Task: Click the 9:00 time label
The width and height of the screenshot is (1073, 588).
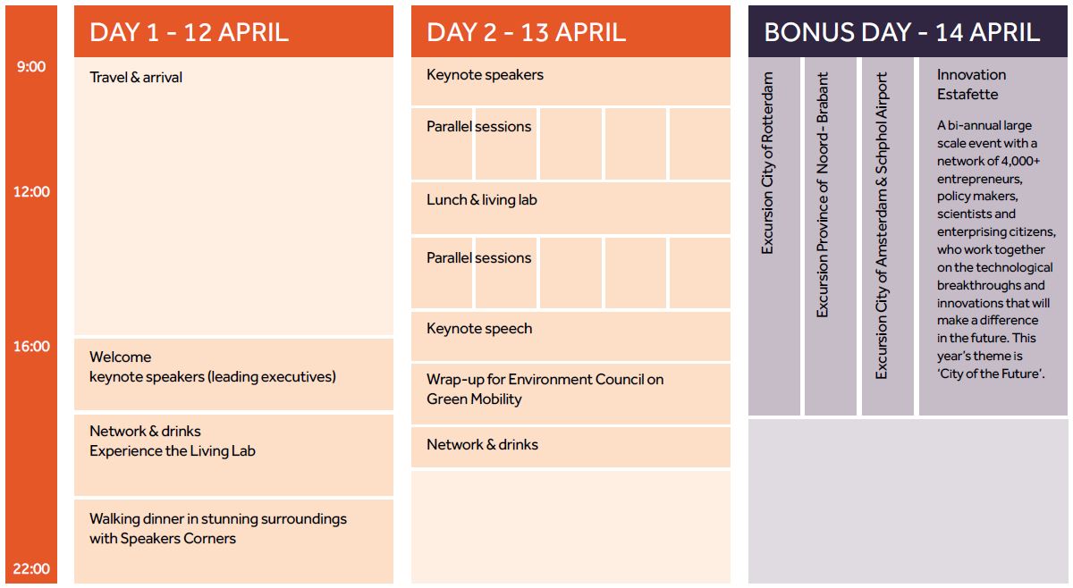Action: (x=31, y=66)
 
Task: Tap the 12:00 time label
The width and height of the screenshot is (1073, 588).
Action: (x=31, y=192)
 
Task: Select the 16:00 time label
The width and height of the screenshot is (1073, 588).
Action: (x=31, y=346)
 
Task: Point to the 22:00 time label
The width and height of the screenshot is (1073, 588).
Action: (x=31, y=569)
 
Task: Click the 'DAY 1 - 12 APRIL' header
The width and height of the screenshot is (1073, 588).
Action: (x=189, y=32)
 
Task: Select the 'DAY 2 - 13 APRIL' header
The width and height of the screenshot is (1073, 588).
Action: (x=526, y=32)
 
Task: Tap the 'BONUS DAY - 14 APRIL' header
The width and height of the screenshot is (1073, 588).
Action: (x=901, y=32)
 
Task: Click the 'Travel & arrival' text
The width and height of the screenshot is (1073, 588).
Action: (x=136, y=78)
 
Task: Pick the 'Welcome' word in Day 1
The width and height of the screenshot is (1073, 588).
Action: (x=120, y=357)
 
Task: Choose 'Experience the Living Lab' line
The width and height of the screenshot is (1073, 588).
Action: (x=173, y=451)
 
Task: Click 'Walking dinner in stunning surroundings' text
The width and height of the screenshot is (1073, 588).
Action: (x=218, y=519)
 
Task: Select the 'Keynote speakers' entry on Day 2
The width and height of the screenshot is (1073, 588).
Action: (x=485, y=75)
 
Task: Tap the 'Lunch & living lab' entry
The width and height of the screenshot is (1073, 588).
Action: (x=481, y=200)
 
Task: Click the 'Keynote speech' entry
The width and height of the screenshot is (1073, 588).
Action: (x=479, y=329)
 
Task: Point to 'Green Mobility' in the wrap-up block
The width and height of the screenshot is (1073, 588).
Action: (x=474, y=399)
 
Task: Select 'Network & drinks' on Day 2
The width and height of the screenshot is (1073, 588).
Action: (x=482, y=445)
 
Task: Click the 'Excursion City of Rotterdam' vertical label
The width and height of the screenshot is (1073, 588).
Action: (x=767, y=163)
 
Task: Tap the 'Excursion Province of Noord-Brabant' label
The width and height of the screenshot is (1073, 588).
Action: (x=823, y=195)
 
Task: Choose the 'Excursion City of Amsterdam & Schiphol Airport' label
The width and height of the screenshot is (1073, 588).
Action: (x=882, y=225)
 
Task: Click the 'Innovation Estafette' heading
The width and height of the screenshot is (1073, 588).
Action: (x=971, y=85)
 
